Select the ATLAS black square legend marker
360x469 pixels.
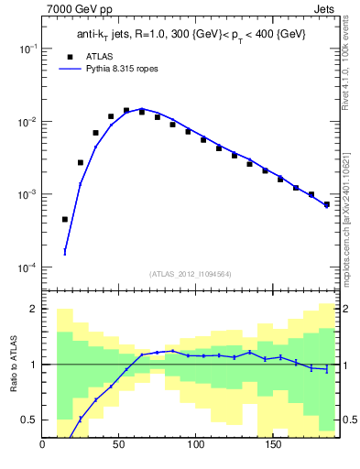65,56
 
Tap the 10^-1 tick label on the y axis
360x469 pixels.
27,49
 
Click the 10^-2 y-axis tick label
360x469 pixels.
27,122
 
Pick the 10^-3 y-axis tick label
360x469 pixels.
27,195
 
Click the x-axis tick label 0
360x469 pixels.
43,446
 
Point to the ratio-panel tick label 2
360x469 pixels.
32,310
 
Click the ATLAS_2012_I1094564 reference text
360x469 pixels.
191,274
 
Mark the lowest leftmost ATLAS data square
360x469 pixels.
65,220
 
